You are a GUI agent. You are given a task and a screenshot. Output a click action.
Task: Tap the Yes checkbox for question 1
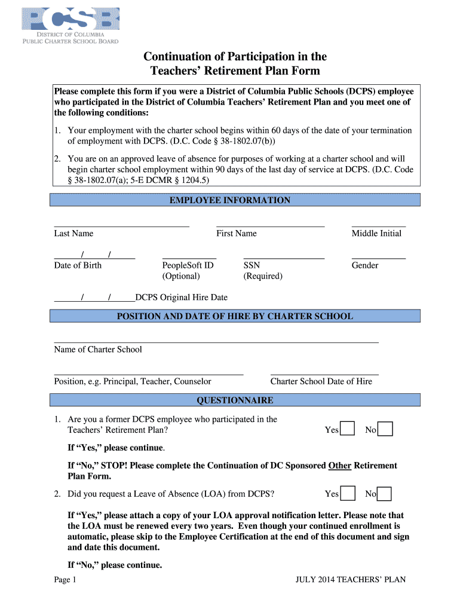347,429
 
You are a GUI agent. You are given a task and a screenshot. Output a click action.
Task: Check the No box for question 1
385,429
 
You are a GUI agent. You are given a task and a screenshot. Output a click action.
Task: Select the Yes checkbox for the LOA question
347,494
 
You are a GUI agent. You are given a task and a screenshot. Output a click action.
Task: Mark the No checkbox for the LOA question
385,494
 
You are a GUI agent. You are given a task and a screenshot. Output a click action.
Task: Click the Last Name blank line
121,226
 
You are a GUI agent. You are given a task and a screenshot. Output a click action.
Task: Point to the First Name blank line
270,226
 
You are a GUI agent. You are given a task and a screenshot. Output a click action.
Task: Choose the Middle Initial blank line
379,226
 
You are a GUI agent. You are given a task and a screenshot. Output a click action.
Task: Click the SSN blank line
284,258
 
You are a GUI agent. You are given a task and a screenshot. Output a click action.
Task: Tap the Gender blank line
379,258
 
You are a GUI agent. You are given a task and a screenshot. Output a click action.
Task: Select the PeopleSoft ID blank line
189,258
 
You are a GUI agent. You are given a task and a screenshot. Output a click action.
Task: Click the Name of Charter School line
216,342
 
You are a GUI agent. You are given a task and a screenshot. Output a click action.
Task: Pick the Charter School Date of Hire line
324,374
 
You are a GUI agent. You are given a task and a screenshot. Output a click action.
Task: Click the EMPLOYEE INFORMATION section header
230,200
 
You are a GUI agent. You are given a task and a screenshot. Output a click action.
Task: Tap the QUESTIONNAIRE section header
235,400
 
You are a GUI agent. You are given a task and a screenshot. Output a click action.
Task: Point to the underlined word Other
339,466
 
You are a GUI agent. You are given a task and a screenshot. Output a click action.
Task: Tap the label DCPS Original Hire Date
182,297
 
